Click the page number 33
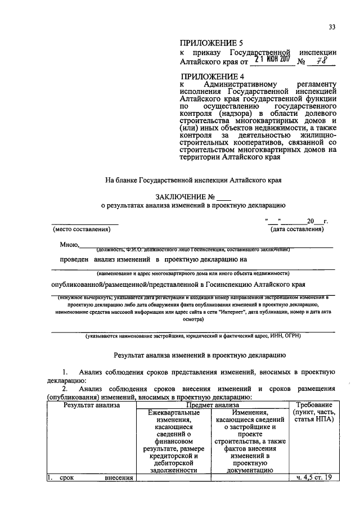tap(332, 26)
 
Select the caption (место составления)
tap(81, 229)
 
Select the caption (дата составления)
tap(296, 229)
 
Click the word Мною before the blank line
tap(70, 245)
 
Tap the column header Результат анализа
tap(91, 404)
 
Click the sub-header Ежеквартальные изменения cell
tap(172, 441)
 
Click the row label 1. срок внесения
tap(91, 478)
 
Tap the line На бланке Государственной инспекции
tap(192, 181)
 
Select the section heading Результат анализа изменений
tap(200, 355)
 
